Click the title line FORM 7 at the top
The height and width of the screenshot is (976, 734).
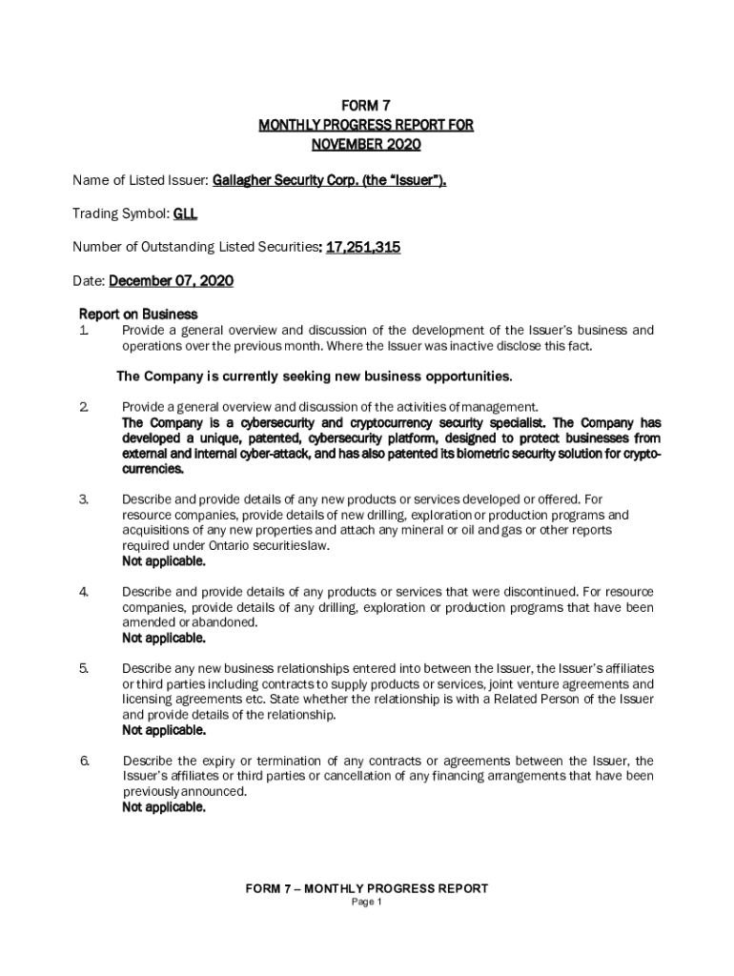tap(366, 105)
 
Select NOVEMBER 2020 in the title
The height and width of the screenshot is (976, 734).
tap(366, 145)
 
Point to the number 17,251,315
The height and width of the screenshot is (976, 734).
tap(363, 248)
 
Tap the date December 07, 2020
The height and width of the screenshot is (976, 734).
tap(172, 281)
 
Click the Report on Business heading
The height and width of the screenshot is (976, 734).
tap(138, 314)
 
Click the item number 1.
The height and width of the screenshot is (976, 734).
tap(84, 331)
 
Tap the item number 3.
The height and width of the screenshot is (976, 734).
tap(84, 498)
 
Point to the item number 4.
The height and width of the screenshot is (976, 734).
tap(84, 592)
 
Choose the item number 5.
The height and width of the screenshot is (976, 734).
tap(84, 668)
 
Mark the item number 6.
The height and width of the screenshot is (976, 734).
tap(84, 761)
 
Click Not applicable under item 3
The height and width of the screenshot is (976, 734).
tap(163, 561)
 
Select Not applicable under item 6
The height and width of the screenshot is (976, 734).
tap(163, 807)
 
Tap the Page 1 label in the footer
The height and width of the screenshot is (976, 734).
tap(367, 903)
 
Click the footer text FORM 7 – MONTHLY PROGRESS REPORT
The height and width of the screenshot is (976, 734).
tap(367, 888)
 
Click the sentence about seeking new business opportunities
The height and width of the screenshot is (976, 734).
tap(315, 376)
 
